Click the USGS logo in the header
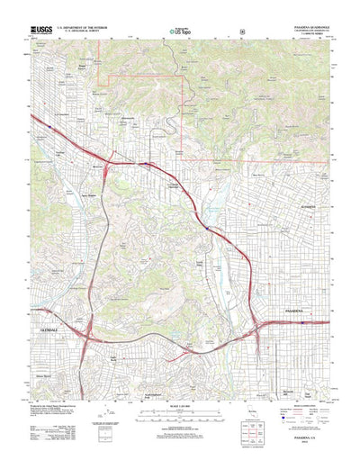pyautogui.click(x=42, y=29)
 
